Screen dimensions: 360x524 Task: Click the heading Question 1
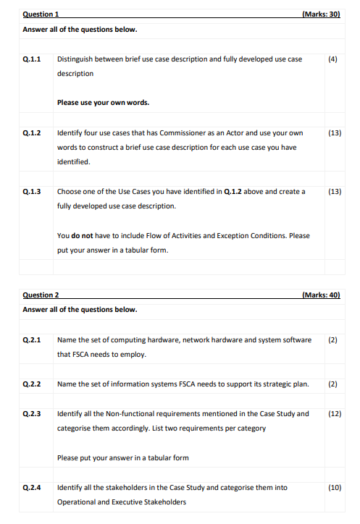tap(41, 14)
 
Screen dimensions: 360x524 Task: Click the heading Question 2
tap(41, 295)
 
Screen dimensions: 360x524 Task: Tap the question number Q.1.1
tap(32, 59)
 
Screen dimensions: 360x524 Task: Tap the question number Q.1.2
tap(32, 133)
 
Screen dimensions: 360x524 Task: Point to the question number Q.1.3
tap(32, 192)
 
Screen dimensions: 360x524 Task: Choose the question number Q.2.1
tap(32, 339)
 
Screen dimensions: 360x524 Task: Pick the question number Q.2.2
tap(32, 384)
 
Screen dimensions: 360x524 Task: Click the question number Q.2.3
tap(32, 413)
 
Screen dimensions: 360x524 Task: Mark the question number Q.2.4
tap(32, 487)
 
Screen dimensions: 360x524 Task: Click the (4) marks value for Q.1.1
tap(332, 59)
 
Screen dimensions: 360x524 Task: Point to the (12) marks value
tap(334, 413)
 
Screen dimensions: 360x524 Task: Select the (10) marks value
tap(334, 487)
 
